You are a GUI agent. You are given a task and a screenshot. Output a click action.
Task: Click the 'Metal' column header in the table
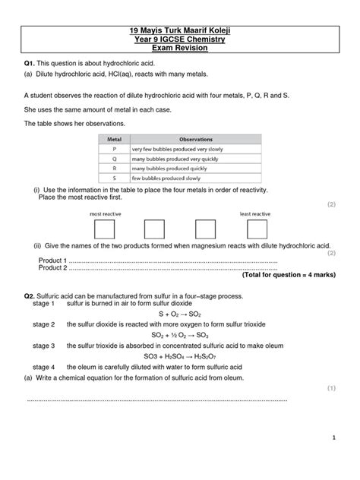pyautogui.click(x=115, y=141)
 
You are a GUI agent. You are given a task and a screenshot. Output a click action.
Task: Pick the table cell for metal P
pyautogui.click(x=115, y=150)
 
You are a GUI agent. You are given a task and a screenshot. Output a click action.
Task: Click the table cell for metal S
pyautogui.click(x=115, y=178)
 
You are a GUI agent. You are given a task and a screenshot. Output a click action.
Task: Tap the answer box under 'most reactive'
pyautogui.click(x=106, y=229)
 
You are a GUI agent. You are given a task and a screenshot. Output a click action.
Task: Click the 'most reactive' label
pyautogui.click(x=106, y=214)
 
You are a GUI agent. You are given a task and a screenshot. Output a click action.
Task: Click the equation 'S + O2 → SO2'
pyautogui.click(x=179, y=313)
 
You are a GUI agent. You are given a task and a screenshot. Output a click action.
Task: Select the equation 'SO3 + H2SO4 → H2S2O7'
pyautogui.click(x=179, y=355)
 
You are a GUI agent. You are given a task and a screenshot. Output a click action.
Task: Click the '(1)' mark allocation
pyautogui.click(x=331, y=387)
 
